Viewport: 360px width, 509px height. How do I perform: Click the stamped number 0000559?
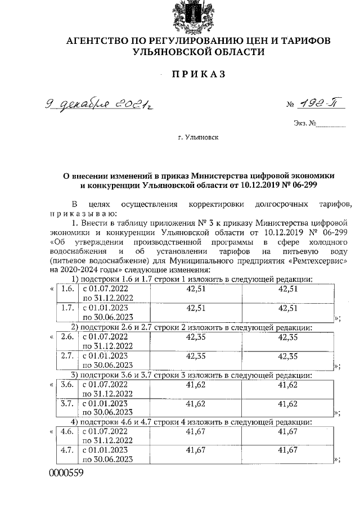[x=67, y=473]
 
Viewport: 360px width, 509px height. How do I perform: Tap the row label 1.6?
[x=68, y=289]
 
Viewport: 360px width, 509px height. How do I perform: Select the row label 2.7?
[x=68, y=355]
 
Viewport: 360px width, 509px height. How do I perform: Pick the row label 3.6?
[x=68, y=385]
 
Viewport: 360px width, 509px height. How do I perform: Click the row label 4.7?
[x=68, y=451]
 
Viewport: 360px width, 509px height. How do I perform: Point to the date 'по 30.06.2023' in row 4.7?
[x=108, y=460]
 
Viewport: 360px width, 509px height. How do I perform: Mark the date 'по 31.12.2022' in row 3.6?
[x=108, y=393]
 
